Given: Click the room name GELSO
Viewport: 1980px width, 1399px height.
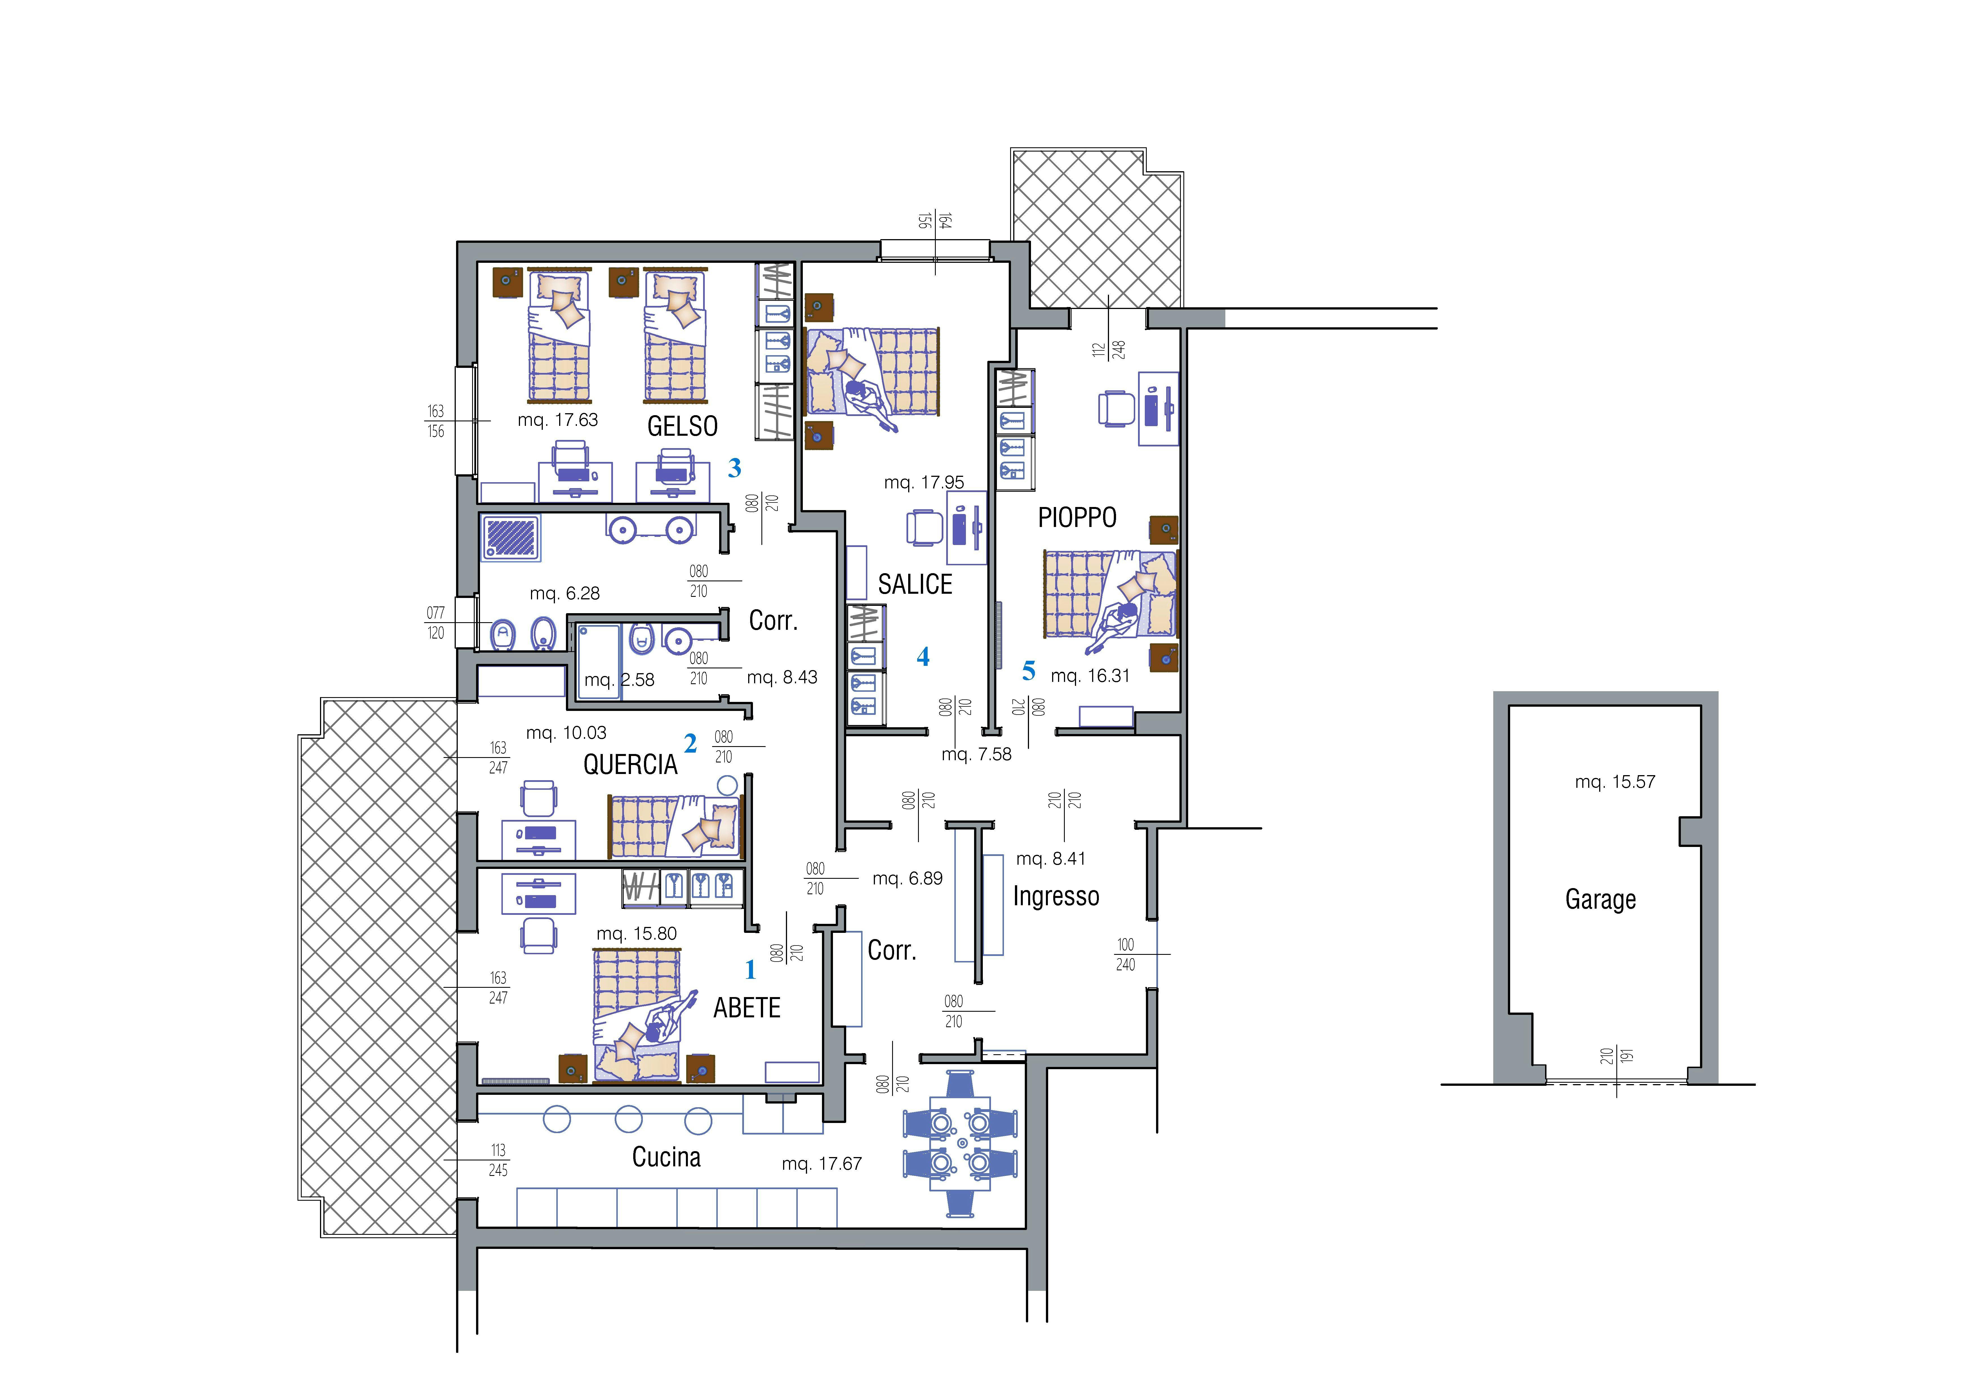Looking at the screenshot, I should [682, 426].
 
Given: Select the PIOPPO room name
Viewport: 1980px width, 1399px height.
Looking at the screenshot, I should [1077, 517].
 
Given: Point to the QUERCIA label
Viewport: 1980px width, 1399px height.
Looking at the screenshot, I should [630, 764].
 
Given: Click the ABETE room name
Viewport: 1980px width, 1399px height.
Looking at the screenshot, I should [747, 1007].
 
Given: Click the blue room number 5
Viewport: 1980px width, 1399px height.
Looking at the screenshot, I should [1028, 670].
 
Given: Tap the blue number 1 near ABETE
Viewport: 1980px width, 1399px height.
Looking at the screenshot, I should [750, 970].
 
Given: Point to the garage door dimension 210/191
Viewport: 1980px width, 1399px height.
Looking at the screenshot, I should [1616, 1056].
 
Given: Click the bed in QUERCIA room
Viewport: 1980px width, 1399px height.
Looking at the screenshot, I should [674, 826].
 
